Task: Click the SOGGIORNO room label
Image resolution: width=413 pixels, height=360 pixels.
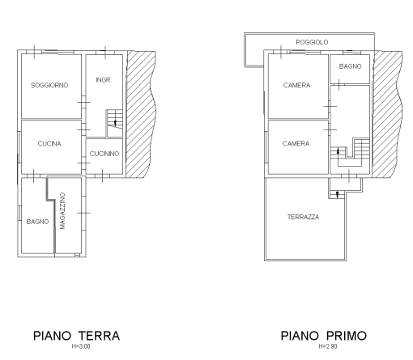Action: (x=49, y=85)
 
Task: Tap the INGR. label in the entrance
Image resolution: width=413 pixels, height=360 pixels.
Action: (x=103, y=79)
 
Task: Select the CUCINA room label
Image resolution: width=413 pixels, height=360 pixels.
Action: (x=49, y=143)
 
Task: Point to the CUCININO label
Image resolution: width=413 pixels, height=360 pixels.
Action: (x=104, y=154)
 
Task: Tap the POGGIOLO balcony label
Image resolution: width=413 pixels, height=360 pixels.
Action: (x=311, y=39)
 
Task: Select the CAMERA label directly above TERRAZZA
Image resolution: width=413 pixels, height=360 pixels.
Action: (x=296, y=143)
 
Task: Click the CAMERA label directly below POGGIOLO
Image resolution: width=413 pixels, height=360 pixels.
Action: (x=296, y=85)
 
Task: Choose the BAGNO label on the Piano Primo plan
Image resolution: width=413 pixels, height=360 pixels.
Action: (x=350, y=66)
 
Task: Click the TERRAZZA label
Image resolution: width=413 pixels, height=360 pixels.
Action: (x=302, y=218)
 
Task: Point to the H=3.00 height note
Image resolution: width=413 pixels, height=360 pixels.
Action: (x=76, y=346)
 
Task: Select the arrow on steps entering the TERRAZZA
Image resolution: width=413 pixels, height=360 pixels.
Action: (x=337, y=192)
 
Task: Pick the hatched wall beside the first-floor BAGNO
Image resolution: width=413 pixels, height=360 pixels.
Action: (x=388, y=89)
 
